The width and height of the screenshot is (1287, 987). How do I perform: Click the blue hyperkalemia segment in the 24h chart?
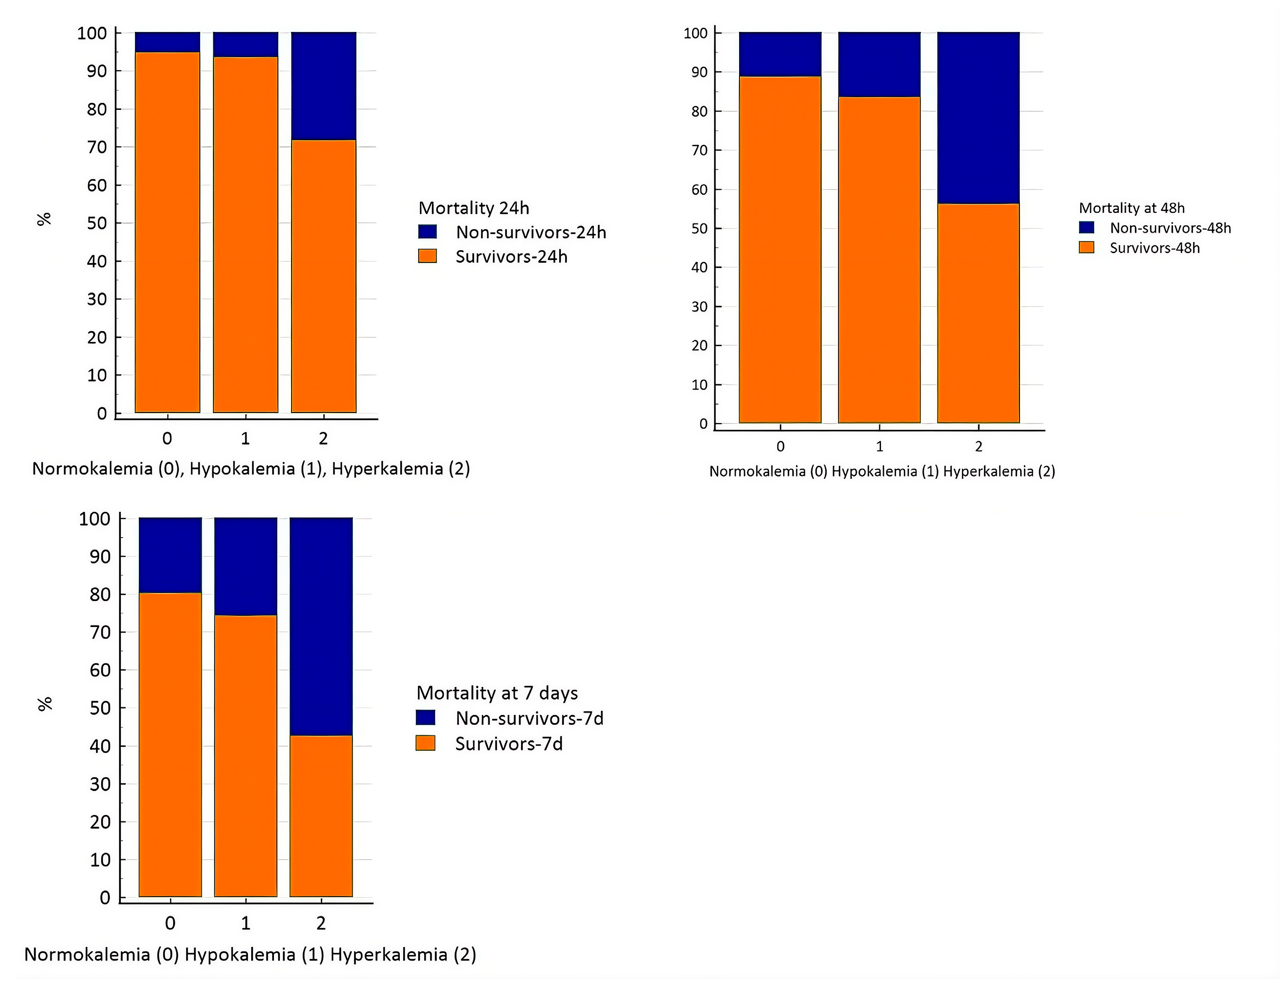pos(323,86)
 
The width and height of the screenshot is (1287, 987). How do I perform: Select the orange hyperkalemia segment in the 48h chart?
pos(978,313)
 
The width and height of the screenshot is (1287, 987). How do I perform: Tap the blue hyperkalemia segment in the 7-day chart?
pos(321,626)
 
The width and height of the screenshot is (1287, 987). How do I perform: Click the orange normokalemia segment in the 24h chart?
pos(167,232)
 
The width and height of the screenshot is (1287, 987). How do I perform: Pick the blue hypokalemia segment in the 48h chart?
pos(879,65)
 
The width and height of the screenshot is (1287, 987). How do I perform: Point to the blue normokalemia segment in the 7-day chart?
pos(170,555)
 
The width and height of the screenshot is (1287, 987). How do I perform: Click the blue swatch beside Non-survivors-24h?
pos(427,232)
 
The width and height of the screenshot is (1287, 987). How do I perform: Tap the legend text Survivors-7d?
pos(509,744)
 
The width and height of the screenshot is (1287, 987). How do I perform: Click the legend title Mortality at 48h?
pos(1131,208)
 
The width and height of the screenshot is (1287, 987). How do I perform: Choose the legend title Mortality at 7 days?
pos(497,693)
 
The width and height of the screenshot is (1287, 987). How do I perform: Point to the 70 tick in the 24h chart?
pos(97,147)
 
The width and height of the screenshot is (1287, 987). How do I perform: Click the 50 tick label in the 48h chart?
pos(699,229)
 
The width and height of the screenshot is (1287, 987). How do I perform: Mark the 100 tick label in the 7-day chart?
pos(94,519)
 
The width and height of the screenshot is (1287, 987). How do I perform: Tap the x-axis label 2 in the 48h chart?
pos(979,446)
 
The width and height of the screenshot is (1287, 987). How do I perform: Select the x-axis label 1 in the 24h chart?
pos(245,438)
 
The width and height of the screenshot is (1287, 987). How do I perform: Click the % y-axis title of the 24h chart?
pos(44,219)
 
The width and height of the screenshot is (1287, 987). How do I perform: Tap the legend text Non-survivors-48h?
pos(1170,228)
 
